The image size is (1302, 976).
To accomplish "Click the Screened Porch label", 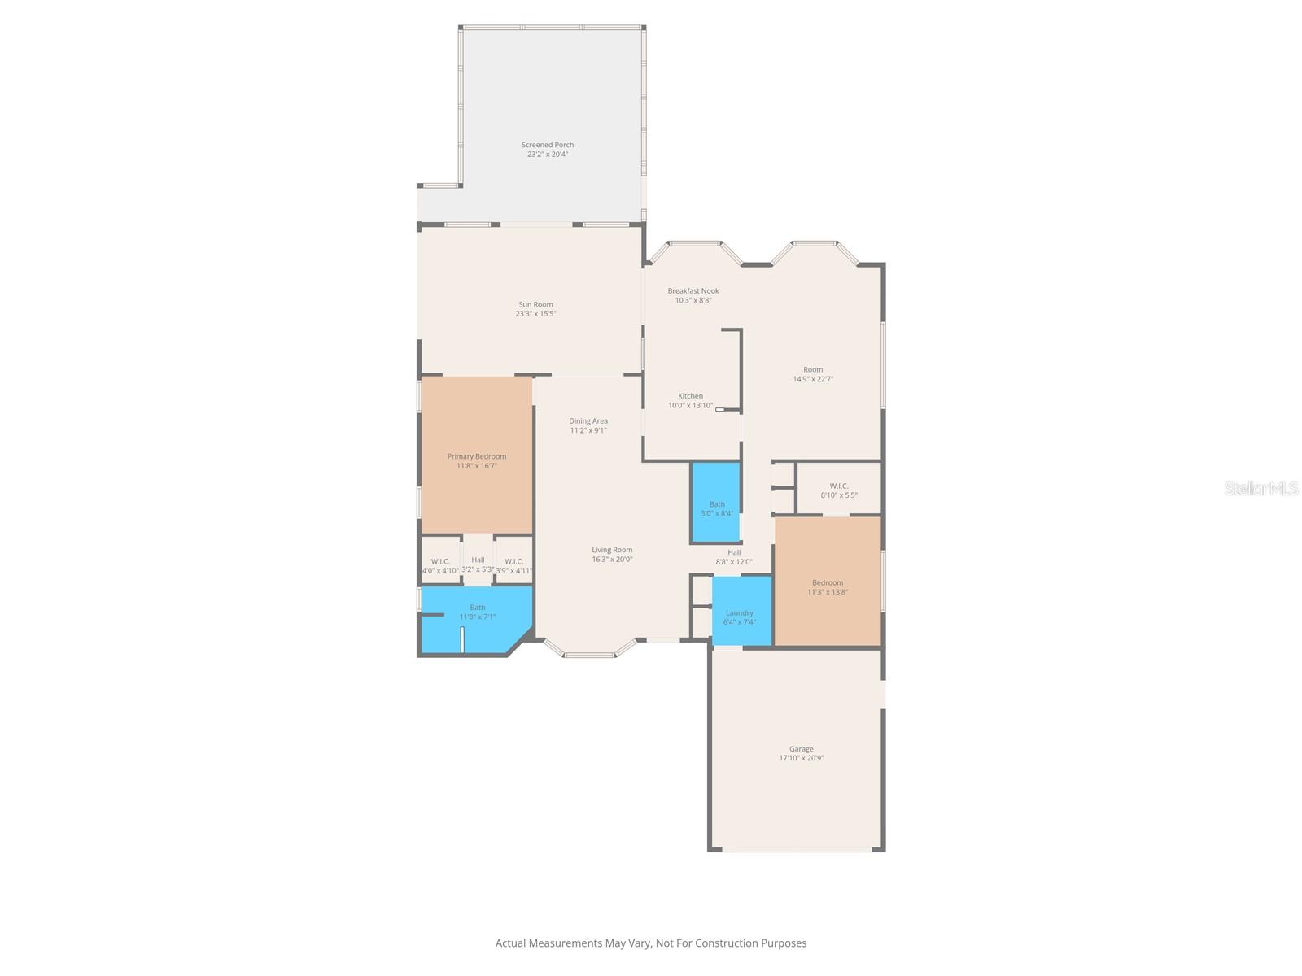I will (548, 145).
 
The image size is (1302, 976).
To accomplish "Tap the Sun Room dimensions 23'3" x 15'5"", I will (535, 314).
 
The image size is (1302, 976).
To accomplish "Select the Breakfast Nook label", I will (693, 290).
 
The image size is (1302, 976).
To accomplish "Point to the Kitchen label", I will (690, 396).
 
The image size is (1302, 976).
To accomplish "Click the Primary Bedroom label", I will (477, 456).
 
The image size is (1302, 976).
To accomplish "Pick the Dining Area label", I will (588, 420).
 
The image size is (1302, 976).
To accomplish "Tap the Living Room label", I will (612, 550).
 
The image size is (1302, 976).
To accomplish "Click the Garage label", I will (801, 749).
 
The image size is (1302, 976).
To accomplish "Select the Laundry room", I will (740, 612).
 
